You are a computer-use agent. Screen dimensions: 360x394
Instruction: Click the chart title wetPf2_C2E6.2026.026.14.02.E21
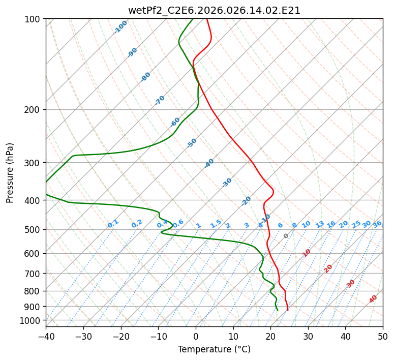click(214, 10)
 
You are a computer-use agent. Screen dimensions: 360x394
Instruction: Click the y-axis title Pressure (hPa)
click(10, 173)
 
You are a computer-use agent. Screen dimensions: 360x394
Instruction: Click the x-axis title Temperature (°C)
click(214, 350)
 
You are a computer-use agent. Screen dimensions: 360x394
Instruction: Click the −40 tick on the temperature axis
click(46, 336)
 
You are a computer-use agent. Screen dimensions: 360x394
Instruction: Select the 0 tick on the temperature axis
click(196, 336)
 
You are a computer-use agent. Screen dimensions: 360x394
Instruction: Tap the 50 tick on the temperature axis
click(383, 336)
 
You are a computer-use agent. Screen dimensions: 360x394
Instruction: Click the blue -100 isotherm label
click(120, 27)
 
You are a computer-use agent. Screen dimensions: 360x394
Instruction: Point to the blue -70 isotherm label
click(160, 100)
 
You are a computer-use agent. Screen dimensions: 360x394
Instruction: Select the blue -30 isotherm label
click(227, 183)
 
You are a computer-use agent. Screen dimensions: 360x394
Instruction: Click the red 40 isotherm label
click(373, 299)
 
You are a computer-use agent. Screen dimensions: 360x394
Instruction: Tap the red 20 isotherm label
click(328, 268)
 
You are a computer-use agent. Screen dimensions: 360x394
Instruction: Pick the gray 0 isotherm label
click(286, 236)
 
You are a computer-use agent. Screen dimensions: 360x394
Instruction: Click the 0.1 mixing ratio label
click(113, 224)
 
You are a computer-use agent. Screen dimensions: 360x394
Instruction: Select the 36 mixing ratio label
click(377, 224)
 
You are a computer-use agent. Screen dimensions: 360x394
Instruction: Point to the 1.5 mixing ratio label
click(216, 224)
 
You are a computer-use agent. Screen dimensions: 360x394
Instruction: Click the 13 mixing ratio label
click(320, 224)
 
